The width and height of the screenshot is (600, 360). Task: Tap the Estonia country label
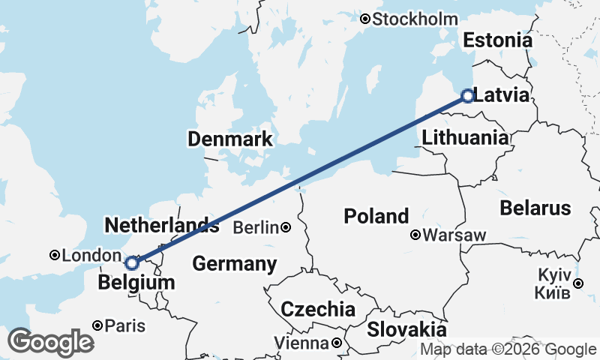[x=497, y=40]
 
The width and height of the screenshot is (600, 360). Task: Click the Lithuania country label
[x=465, y=138]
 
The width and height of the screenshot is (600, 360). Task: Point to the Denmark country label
[x=230, y=139]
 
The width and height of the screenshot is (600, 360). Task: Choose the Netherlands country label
[x=162, y=225]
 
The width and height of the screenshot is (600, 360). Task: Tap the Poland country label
[x=376, y=217]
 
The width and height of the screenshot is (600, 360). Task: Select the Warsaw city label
[x=454, y=235]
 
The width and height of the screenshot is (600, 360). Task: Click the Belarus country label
[x=535, y=208]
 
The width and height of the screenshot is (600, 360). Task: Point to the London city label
[x=85, y=256]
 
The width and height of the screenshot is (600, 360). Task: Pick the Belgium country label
[x=136, y=283]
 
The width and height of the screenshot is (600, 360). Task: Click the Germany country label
[x=235, y=264]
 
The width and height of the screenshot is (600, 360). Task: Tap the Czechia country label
[x=318, y=309]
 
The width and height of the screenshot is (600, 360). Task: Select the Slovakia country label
[x=406, y=329]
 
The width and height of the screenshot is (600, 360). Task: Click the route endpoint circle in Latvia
[x=467, y=96]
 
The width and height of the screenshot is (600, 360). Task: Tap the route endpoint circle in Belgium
[x=132, y=263]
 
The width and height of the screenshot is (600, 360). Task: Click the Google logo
[x=50, y=343]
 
